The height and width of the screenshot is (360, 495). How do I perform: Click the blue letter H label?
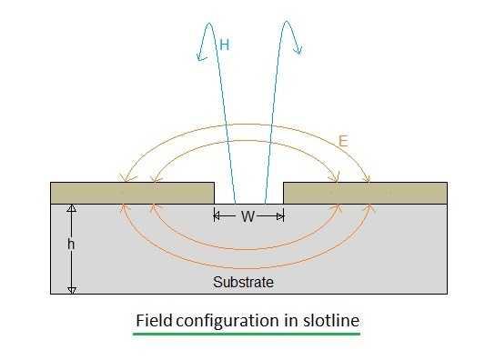224,43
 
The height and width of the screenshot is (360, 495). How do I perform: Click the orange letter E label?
343,141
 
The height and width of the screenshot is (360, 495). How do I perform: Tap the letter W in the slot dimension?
248,216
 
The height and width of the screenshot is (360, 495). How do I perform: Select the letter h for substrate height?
69,245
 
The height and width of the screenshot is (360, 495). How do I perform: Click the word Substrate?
243,282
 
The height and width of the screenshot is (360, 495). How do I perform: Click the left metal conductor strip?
132,193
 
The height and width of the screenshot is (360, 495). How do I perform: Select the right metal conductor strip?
365,193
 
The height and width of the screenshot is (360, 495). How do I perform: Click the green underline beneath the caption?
247,335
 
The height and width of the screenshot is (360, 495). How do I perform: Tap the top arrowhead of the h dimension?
72,208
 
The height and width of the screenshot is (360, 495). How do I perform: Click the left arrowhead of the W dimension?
217,216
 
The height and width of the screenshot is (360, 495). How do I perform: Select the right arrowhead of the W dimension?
281,216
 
